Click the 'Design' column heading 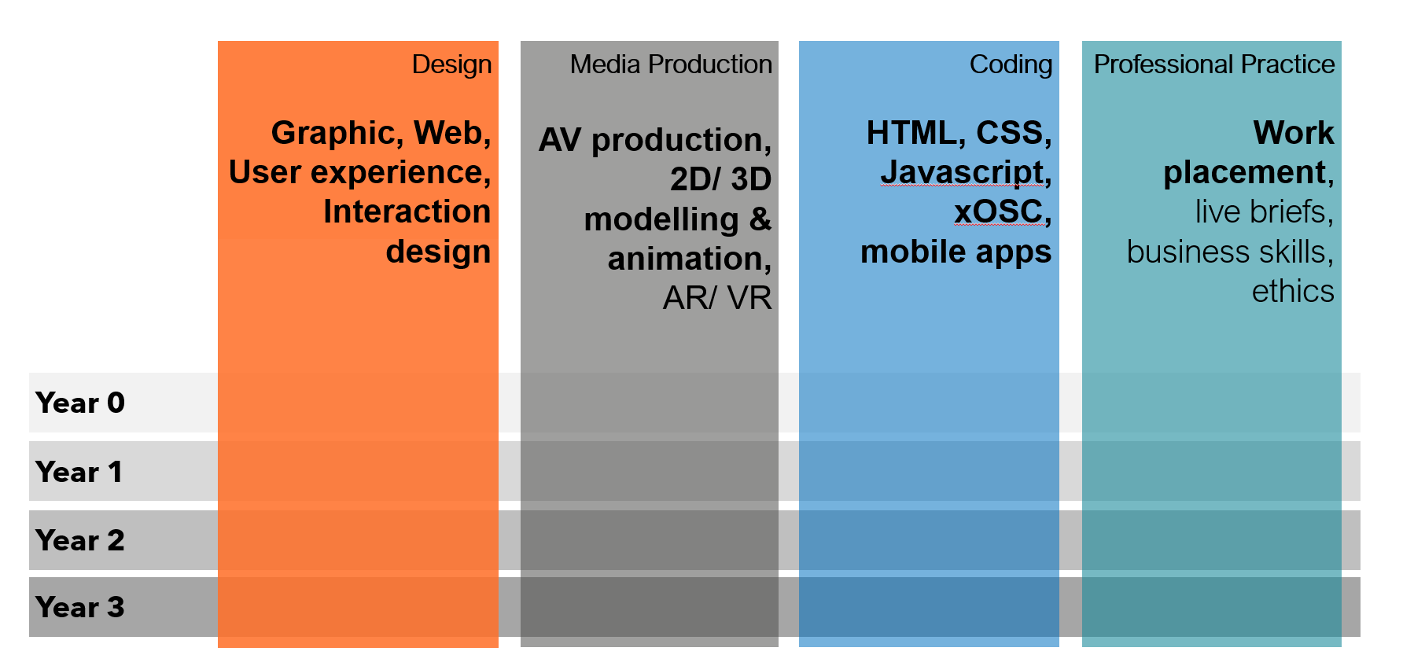pos(451,64)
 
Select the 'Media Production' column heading pos(671,64)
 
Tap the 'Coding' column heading pos(1011,64)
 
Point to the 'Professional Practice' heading pos(1213,64)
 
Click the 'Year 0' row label pos(80,403)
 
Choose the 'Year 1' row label pos(79,472)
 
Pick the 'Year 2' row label pos(80,540)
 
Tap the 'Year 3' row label pos(80,607)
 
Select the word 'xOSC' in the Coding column pos(998,212)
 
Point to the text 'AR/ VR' pos(716,298)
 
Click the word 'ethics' pos(1292,291)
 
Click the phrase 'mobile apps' pos(956,252)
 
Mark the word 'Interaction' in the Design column pos(407,212)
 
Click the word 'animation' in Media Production pos(685,259)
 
